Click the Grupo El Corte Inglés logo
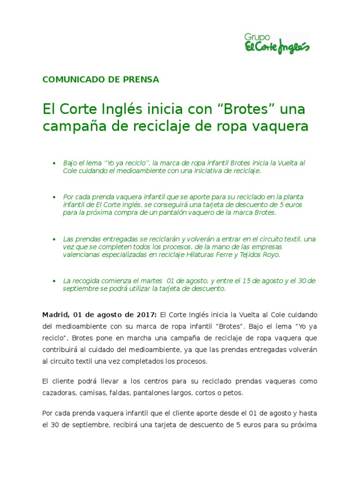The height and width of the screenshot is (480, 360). [x=277, y=44]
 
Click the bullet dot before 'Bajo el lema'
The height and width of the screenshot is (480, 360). [x=54, y=163]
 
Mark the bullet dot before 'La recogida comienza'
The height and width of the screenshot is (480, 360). [x=54, y=281]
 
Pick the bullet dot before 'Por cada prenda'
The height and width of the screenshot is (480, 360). [x=54, y=197]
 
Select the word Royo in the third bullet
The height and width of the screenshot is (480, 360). [x=271, y=255]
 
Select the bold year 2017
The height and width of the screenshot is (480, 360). [x=146, y=314]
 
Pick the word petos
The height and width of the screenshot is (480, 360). [x=234, y=393]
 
